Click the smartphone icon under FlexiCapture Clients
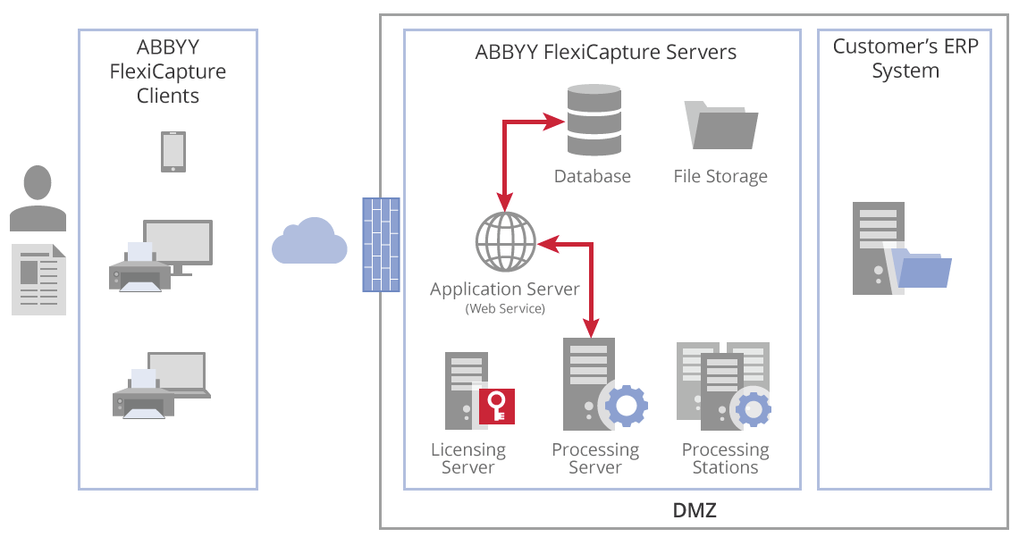[173, 152]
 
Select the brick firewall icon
[381, 245]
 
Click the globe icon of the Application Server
[505, 241]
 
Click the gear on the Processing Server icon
[627, 407]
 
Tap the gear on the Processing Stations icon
[753, 409]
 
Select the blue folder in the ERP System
[923, 269]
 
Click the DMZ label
[695, 512]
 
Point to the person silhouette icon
[38, 197]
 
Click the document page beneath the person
[38, 278]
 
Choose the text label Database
[593, 176]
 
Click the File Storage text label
[720, 176]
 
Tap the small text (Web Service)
[505, 308]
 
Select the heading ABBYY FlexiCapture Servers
[606, 52]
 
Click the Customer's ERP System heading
[905, 59]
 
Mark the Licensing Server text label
[468, 458]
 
